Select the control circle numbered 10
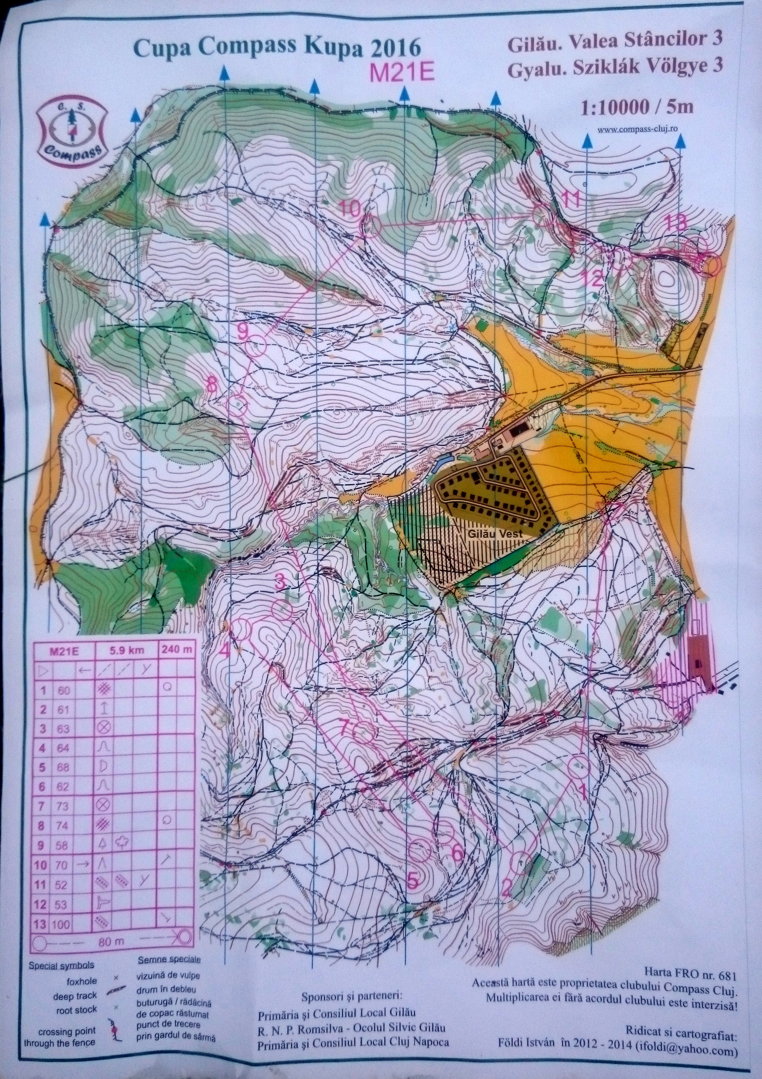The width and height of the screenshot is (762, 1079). click(370, 226)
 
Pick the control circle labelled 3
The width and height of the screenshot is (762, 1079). click(283, 610)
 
